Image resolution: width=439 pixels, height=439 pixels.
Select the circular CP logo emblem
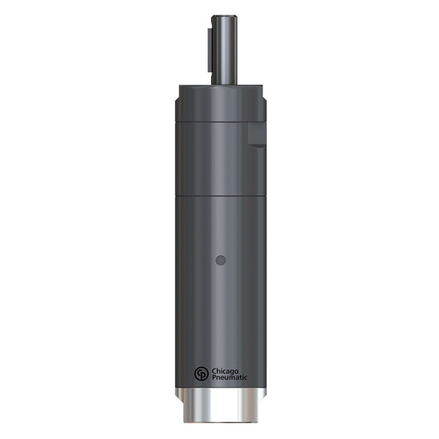[201, 374]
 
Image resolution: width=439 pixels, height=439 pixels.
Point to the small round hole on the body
[220, 260]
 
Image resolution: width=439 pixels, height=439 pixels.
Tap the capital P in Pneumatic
[214, 377]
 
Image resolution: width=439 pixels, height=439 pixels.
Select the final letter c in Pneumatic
[246, 377]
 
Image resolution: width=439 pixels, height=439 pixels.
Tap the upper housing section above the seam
[214, 146]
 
